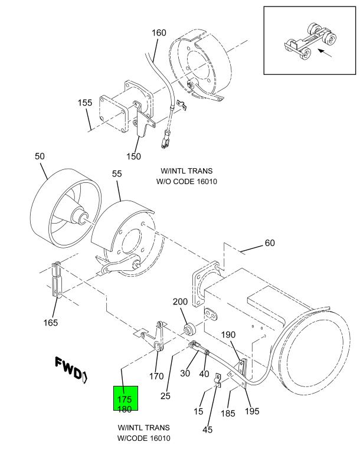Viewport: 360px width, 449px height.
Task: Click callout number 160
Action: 159,32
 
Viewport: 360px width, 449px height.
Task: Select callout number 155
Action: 85,103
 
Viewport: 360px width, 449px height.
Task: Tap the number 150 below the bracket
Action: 134,156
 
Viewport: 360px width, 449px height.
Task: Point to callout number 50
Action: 40,156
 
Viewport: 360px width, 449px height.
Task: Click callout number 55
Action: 117,173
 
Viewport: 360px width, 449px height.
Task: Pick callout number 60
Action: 270,243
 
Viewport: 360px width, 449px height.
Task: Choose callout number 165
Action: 50,323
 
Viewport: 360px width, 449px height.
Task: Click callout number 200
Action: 180,301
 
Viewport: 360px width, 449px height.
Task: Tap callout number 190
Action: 228,335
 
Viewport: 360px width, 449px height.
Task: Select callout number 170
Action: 156,376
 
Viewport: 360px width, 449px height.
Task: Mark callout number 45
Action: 208,430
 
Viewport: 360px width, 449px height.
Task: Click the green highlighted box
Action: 126,398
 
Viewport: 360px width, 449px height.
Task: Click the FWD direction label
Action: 71,369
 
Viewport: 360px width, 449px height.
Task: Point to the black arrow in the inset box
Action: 325,53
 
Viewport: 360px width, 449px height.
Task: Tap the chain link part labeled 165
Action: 57,280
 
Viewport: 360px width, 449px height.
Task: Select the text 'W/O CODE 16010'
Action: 186,182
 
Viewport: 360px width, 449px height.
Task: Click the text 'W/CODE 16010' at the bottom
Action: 143,438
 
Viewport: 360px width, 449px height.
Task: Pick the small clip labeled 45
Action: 217,381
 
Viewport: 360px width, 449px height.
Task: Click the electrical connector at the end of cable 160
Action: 165,139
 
